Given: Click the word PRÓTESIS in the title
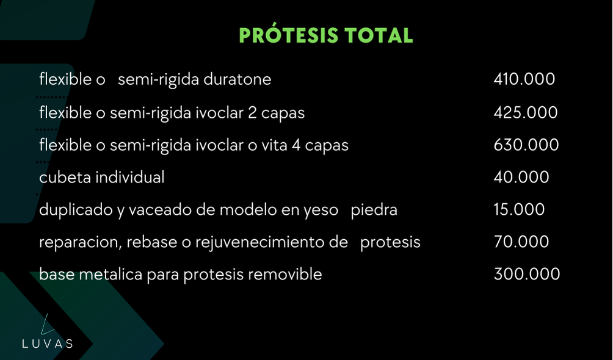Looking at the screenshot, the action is [289, 35].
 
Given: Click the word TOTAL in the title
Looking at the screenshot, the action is [379, 35].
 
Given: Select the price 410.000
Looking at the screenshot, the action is [524, 79].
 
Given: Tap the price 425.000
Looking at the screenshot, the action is [526, 112].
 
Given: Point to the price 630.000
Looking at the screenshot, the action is [526, 145].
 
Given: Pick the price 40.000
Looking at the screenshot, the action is [521, 177].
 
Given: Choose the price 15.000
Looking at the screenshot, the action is [519, 209].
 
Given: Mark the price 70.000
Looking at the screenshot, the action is [521, 242].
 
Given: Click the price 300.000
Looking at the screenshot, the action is [527, 274].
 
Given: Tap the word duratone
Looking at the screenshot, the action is [238, 79].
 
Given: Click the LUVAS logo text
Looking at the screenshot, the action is [47, 344].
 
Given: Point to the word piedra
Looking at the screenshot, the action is [374, 210].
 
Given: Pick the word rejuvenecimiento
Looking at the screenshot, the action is [271, 242].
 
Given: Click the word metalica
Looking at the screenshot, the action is [111, 275].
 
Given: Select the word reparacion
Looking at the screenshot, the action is [81, 243].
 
